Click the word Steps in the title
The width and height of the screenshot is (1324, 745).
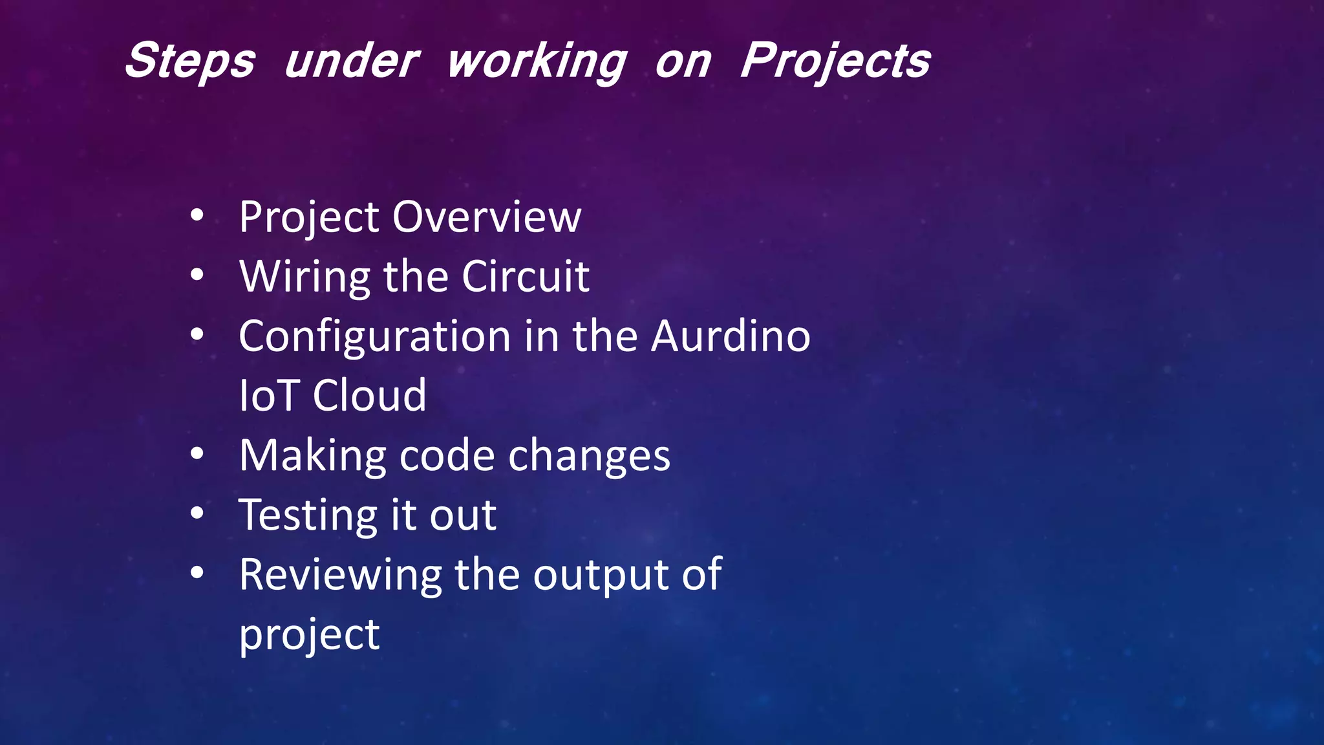(190, 61)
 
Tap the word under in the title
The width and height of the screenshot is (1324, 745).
(352, 61)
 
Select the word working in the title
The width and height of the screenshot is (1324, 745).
(537, 62)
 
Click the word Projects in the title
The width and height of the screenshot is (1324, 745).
(835, 61)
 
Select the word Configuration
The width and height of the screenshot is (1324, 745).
(375, 337)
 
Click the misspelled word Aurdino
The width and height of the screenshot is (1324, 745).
(731, 336)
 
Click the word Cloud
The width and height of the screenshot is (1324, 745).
(370, 396)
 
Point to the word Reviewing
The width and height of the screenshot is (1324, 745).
(340, 576)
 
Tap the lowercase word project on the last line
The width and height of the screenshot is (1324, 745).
(309, 636)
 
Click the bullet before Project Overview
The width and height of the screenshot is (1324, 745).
(197, 215)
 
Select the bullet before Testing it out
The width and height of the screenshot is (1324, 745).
(197, 514)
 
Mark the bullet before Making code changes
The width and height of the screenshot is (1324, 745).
(197, 455)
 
